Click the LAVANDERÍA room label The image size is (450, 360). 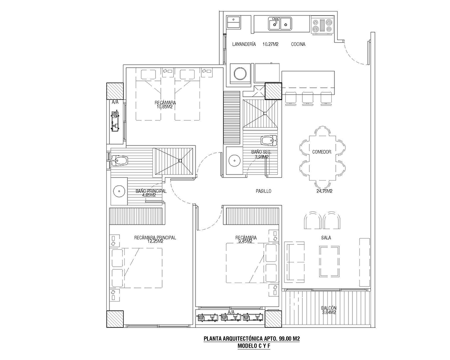244,44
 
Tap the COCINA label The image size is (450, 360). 298,44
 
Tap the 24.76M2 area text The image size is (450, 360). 324,191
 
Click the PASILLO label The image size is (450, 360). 264,191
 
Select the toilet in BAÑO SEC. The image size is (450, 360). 269,140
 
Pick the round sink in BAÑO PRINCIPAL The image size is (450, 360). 118,191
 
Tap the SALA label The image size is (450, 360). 326,238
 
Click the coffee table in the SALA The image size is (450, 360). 329,261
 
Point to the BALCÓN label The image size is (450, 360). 329,308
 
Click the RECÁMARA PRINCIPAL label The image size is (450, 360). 155,238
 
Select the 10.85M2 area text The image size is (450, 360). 165,106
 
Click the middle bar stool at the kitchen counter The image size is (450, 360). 308,98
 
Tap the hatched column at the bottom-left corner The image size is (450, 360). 115,319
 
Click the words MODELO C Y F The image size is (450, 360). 254,346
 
